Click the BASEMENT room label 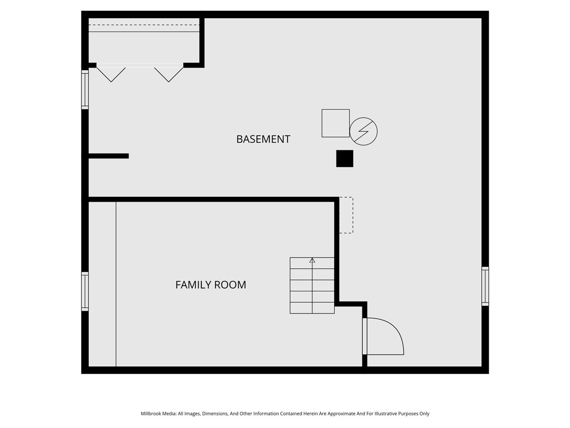tap(263, 139)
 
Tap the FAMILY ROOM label tap(210, 285)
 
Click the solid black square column tap(344, 158)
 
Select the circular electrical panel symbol tap(363, 132)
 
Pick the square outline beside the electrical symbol tap(335, 123)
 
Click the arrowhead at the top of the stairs tap(312, 261)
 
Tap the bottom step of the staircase tap(312, 308)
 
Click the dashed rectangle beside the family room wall tap(346, 215)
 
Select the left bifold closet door tap(111, 75)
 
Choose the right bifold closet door tap(169, 75)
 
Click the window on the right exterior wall tap(485, 286)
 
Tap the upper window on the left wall tap(85, 90)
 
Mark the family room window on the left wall tap(85, 292)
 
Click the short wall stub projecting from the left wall tap(109, 156)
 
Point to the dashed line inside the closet tap(144, 25)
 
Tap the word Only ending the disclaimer tap(424, 413)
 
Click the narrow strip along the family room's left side tap(102, 284)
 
